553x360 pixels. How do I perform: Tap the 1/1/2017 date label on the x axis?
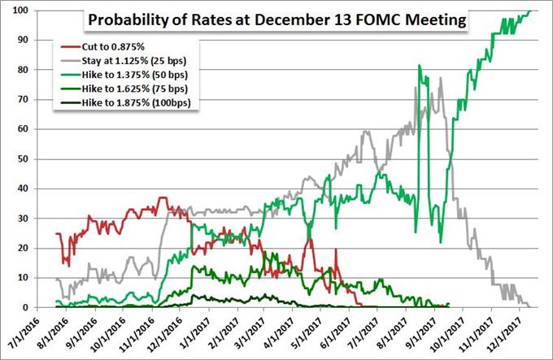pyautogui.click(x=196, y=333)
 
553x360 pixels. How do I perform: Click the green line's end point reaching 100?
pyautogui.click(x=529, y=11)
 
